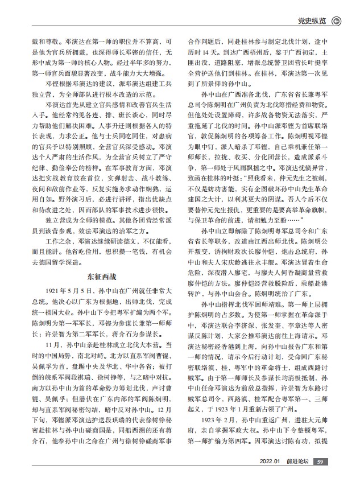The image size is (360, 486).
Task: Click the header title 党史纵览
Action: (x=312, y=22)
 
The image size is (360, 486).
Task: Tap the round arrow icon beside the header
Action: (x=337, y=22)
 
